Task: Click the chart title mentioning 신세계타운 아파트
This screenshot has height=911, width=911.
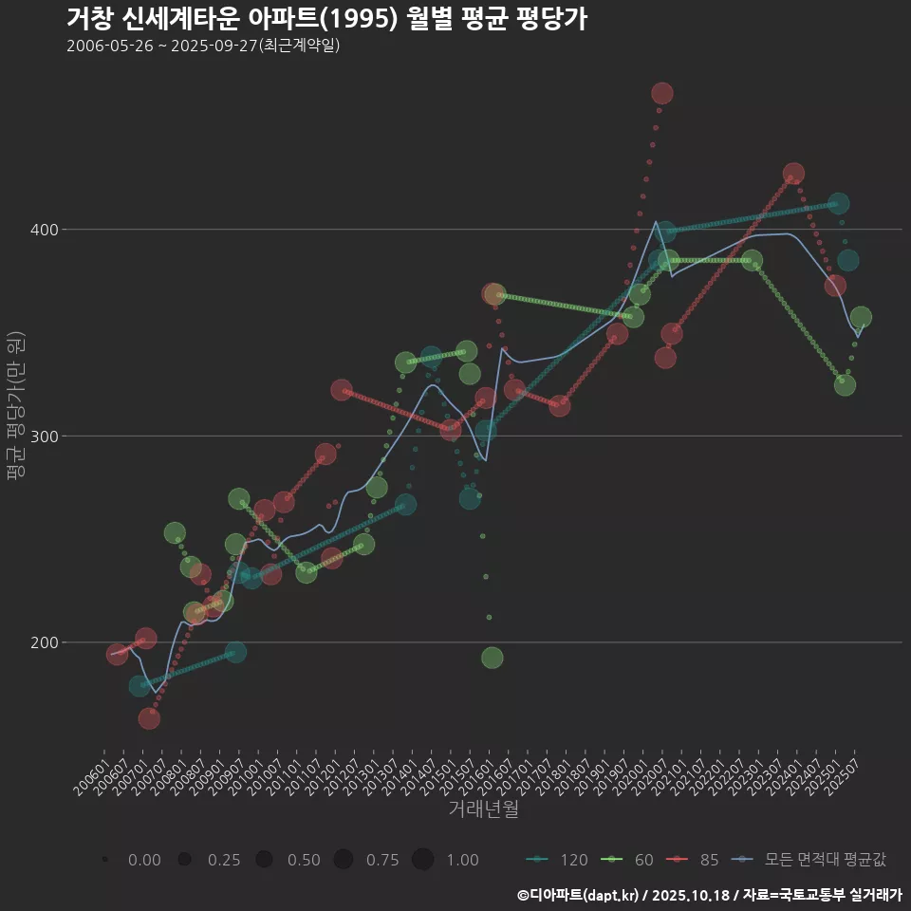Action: point(327,19)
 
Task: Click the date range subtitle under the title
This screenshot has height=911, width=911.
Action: point(203,46)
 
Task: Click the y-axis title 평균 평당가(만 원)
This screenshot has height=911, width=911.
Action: point(14,408)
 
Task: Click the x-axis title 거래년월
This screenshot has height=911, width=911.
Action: point(483,809)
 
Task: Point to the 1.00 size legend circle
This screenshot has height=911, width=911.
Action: point(423,860)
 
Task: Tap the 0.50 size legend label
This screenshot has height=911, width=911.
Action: point(304,860)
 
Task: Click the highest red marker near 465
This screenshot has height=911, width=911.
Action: point(662,93)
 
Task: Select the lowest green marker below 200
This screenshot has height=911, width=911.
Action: point(492,658)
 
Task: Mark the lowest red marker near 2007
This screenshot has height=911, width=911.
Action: point(149,718)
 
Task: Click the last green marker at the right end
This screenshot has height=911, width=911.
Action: point(861,317)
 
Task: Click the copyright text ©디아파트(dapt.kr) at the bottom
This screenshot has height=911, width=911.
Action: point(580,894)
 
